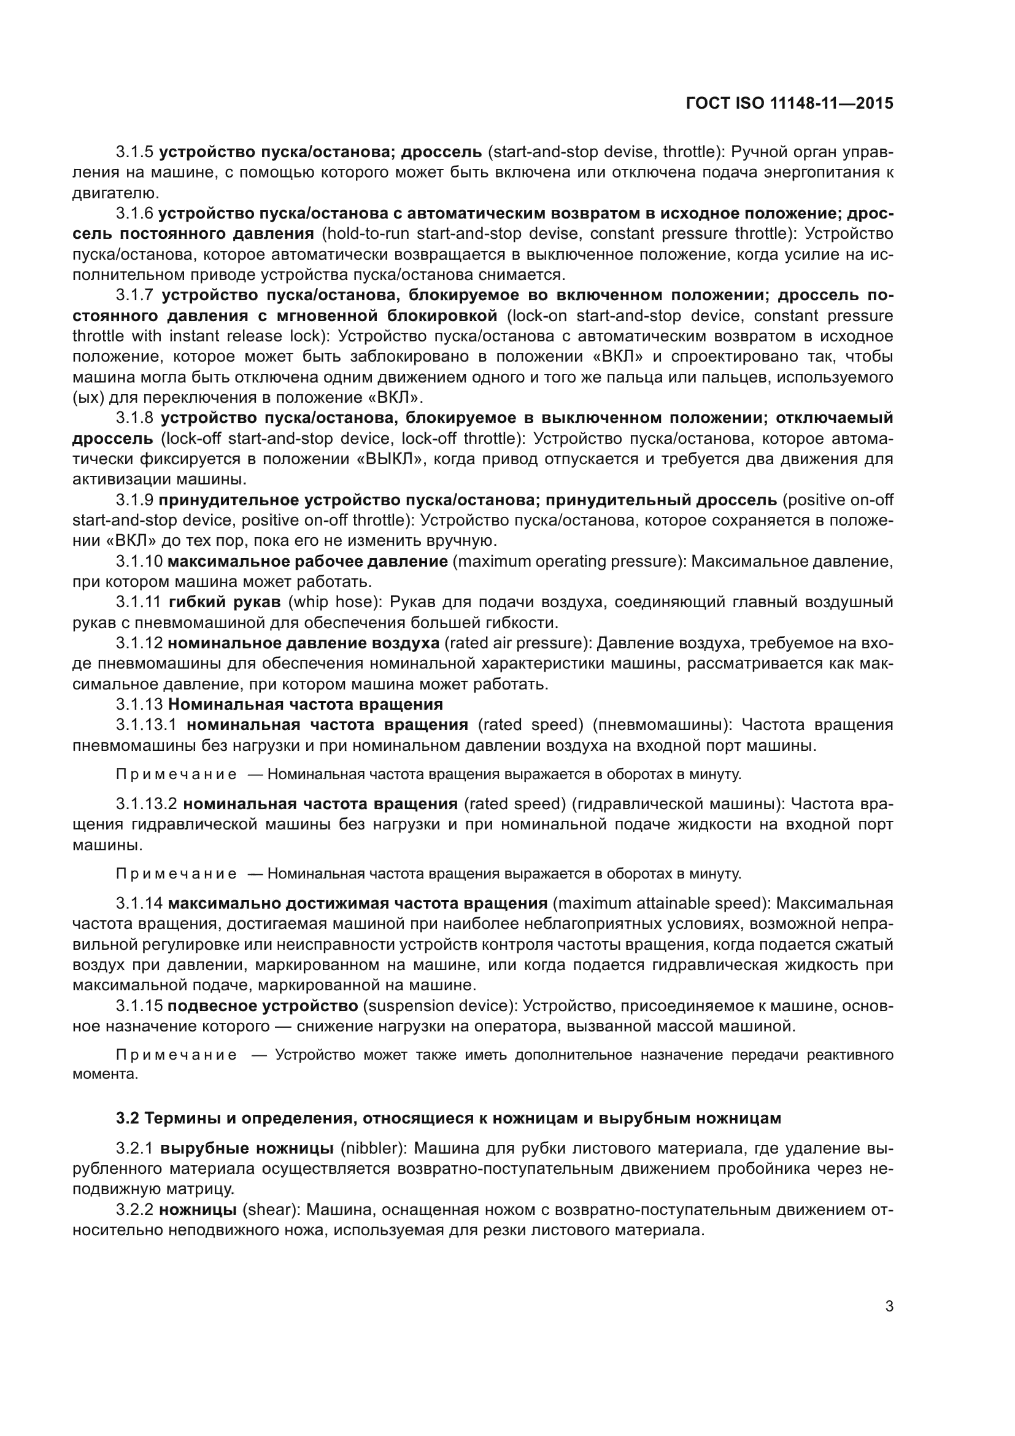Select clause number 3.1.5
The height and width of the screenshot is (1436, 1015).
(x=134, y=152)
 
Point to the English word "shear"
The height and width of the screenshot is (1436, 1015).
(x=269, y=1210)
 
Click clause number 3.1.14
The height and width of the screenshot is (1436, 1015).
(x=139, y=904)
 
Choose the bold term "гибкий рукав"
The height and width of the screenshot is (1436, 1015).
(x=225, y=602)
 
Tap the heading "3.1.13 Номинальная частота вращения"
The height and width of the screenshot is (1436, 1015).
(x=279, y=704)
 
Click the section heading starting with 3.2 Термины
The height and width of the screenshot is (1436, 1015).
(x=448, y=1118)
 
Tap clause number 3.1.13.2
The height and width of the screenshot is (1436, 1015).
(x=147, y=804)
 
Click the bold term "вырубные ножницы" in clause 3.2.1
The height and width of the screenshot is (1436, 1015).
(x=246, y=1149)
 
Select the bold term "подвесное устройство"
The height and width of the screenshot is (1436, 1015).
(x=263, y=1006)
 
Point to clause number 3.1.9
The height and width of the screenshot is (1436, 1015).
(x=134, y=500)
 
